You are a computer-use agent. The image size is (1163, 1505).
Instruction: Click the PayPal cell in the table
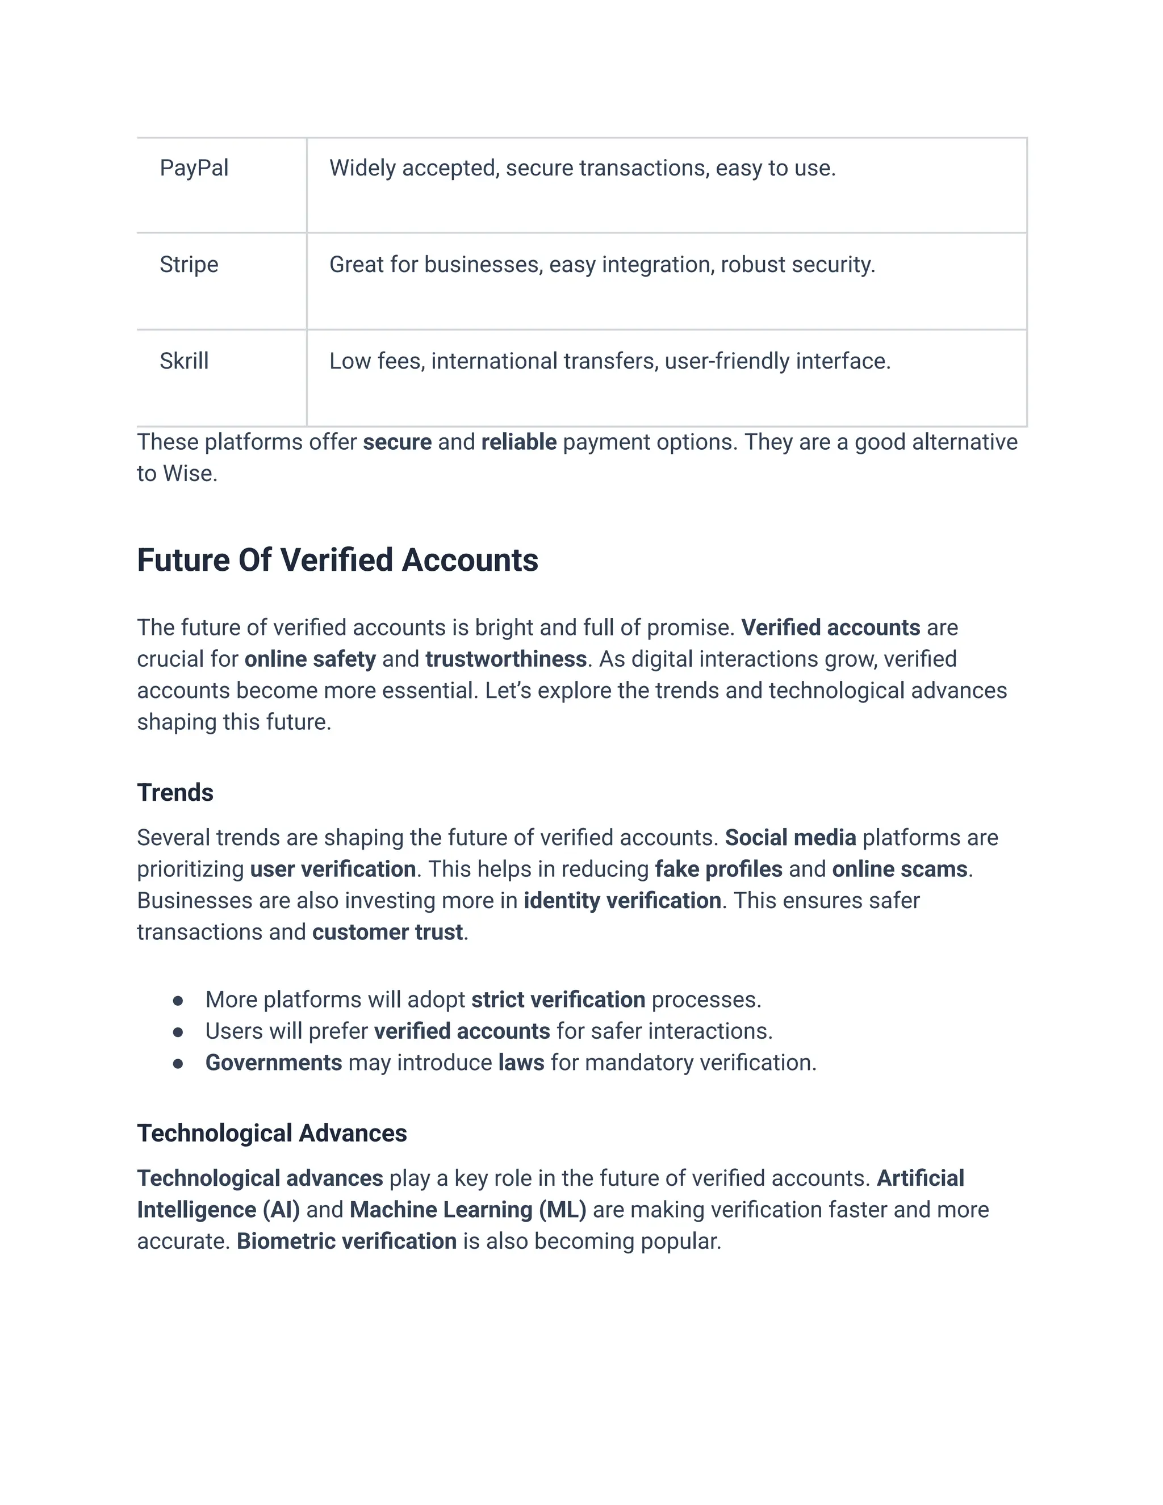coord(194,168)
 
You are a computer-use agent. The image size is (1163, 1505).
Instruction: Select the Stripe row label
coord(189,265)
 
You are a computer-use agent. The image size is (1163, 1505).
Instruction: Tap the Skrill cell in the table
coord(184,361)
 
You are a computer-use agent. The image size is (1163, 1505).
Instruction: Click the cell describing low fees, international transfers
coord(610,361)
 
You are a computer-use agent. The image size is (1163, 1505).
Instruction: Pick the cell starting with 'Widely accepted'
coord(582,168)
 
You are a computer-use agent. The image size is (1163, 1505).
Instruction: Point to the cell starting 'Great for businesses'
coord(601,265)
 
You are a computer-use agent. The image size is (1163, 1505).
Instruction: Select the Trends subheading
coord(175,792)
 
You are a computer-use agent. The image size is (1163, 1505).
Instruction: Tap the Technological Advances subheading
coord(271,1133)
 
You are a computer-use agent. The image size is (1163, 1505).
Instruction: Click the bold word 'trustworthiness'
coord(506,659)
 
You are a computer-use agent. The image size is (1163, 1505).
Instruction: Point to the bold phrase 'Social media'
coord(790,837)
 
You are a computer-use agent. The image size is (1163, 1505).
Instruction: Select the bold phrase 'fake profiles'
coord(718,869)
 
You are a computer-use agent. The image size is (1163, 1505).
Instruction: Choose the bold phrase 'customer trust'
coord(387,931)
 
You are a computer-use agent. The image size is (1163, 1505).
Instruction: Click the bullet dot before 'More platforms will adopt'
coord(178,1000)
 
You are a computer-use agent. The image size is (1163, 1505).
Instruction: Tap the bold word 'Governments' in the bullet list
coord(274,1063)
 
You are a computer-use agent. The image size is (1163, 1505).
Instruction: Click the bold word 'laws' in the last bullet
coord(521,1063)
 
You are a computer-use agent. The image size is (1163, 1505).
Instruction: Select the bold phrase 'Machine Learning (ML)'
coord(468,1209)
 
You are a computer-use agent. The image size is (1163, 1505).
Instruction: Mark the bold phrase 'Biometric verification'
coord(346,1241)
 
